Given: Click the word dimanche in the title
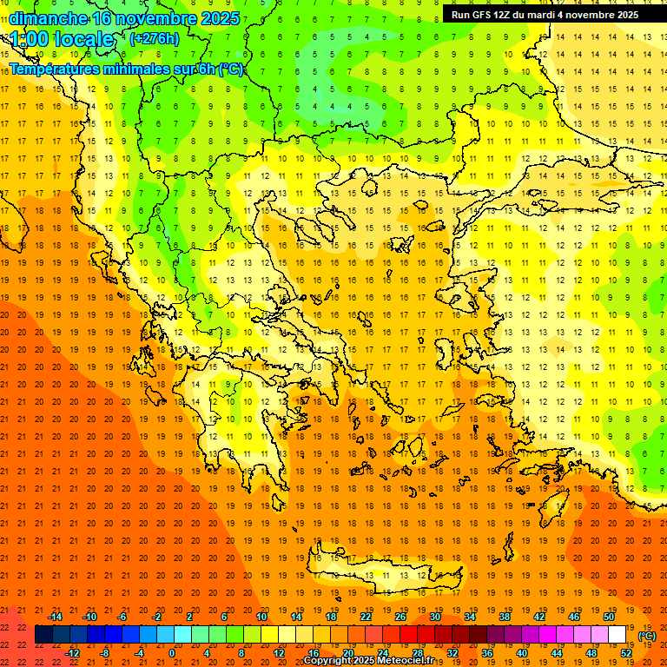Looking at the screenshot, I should (x=48, y=18).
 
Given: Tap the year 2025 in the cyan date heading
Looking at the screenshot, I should (x=214, y=18).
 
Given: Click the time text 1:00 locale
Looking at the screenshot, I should (x=63, y=39).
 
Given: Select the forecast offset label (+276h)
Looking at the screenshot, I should (x=155, y=39).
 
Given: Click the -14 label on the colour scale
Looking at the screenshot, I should (x=54, y=617).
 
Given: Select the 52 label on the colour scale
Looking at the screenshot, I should (x=626, y=653).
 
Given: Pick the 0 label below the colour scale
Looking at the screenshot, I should (x=171, y=653).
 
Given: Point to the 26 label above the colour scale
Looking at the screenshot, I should (x=400, y=617).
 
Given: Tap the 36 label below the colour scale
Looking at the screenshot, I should (x=487, y=653).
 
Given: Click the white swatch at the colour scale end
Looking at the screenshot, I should (x=617, y=635).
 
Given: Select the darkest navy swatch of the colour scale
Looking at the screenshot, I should (x=44, y=635).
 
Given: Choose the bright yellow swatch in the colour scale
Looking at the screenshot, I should (x=270, y=635).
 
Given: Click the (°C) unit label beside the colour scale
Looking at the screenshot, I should (x=647, y=636).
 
